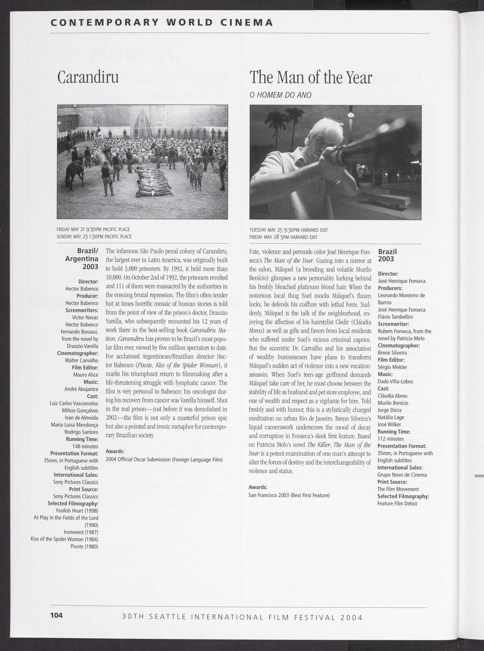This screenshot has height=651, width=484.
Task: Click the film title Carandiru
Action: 88,77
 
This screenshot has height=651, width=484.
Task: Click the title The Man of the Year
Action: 311,78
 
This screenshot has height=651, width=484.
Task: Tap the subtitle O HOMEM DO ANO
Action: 280,95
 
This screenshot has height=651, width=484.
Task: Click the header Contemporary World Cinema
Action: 162,23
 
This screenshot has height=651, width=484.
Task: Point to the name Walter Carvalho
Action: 82,360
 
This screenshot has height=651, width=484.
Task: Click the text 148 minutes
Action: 85,446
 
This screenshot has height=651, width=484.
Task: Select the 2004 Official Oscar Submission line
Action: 164,459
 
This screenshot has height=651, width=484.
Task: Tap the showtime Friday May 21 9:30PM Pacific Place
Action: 93,229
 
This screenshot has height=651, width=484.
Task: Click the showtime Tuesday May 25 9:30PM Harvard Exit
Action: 288,230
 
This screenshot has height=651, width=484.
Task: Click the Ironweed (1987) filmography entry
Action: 81,532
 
